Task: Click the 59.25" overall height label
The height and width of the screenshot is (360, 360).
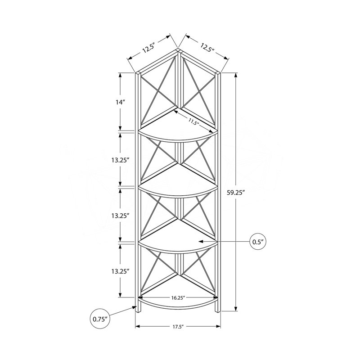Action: pyautogui.click(x=235, y=193)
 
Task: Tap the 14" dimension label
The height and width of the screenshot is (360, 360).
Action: pyautogui.click(x=120, y=102)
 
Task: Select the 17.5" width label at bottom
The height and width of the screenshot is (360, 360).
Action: pyautogui.click(x=178, y=327)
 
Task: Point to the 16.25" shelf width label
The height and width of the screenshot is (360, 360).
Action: pyautogui.click(x=178, y=298)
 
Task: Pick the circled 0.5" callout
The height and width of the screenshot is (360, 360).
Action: pyautogui.click(x=257, y=242)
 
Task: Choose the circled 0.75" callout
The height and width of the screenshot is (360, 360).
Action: pyautogui.click(x=100, y=319)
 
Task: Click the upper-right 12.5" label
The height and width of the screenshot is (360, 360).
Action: pyautogui.click(x=207, y=48)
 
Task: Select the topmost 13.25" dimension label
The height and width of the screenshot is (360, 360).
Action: pyautogui.click(x=119, y=160)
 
